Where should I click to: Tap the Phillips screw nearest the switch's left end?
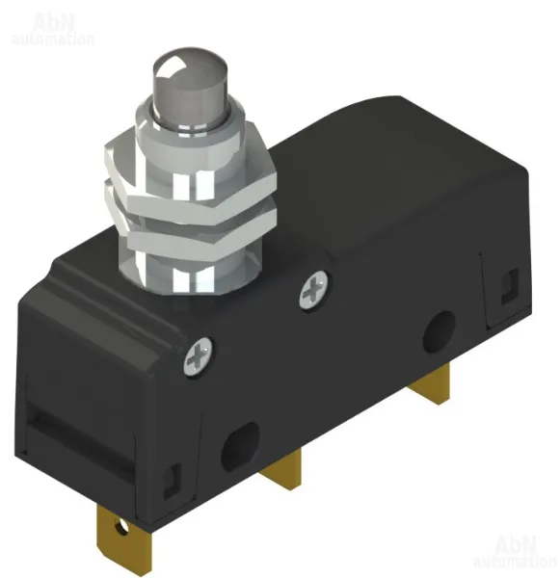pyautogui.click(x=200, y=355)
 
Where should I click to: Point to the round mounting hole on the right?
pyautogui.click(x=439, y=331)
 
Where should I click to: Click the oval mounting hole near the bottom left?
pyautogui.click(x=240, y=446)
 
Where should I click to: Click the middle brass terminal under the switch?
pyautogui.click(x=281, y=468)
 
